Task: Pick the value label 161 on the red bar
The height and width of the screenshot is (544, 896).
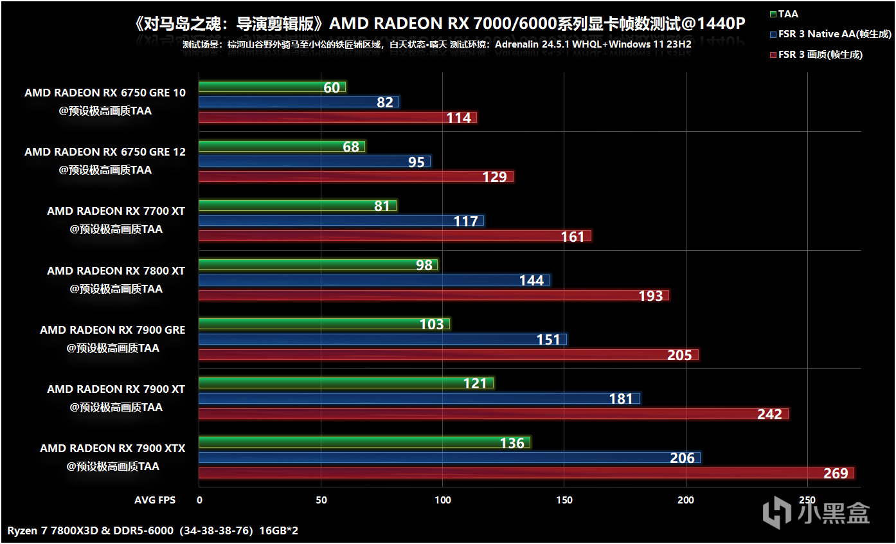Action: click(573, 237)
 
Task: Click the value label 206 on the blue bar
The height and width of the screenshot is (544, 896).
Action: click(683, 458)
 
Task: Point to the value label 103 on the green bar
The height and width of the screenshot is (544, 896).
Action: click(432, 324)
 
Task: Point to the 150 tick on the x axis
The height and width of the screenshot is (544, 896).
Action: click(564, 500)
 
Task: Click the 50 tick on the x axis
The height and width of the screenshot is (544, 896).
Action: click(321, 500)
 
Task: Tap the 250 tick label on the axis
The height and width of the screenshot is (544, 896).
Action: click(807, 500)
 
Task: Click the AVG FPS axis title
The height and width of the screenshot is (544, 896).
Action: click(155, 500)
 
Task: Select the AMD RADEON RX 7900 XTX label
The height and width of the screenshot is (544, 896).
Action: click(112, 448)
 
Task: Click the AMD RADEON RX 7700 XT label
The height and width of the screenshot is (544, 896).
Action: click(116, 211)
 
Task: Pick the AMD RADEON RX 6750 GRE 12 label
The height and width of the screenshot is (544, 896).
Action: click(105, 152)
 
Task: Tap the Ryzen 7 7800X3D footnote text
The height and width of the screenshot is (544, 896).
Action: click(153, 531)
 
